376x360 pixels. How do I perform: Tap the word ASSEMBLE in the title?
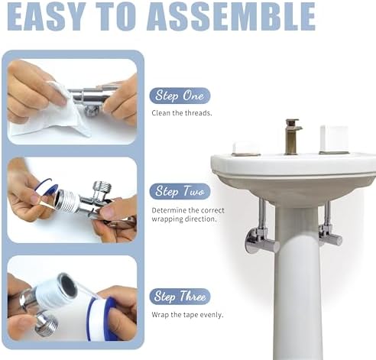[231, 17]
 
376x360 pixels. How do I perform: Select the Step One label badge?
[180, 96]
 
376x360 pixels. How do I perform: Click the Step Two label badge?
[180, 191]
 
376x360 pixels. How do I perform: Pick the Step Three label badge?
[180, 297]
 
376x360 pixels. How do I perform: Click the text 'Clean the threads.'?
[182, 113]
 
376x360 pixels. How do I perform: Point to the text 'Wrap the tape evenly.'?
[187, 315]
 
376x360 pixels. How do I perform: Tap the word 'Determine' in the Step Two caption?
[169, 210]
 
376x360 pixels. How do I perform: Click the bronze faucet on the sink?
[292, 137]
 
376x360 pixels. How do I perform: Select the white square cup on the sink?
[334, 139]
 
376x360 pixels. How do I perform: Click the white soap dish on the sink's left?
[246, 149]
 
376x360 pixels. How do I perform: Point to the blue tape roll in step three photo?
[102, 319]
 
